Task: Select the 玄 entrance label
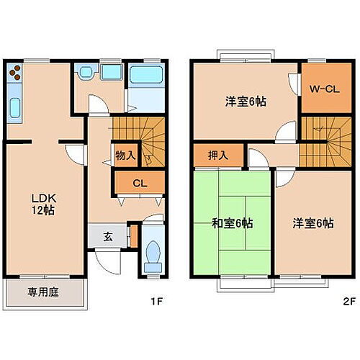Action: [107, 236]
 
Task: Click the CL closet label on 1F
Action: [140, 182]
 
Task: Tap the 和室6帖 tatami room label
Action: [230, 223]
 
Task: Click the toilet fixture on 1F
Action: [153, 253]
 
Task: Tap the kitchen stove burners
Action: [16, 73]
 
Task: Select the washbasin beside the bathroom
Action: [87, 73]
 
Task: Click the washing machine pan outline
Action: [112, 73]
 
